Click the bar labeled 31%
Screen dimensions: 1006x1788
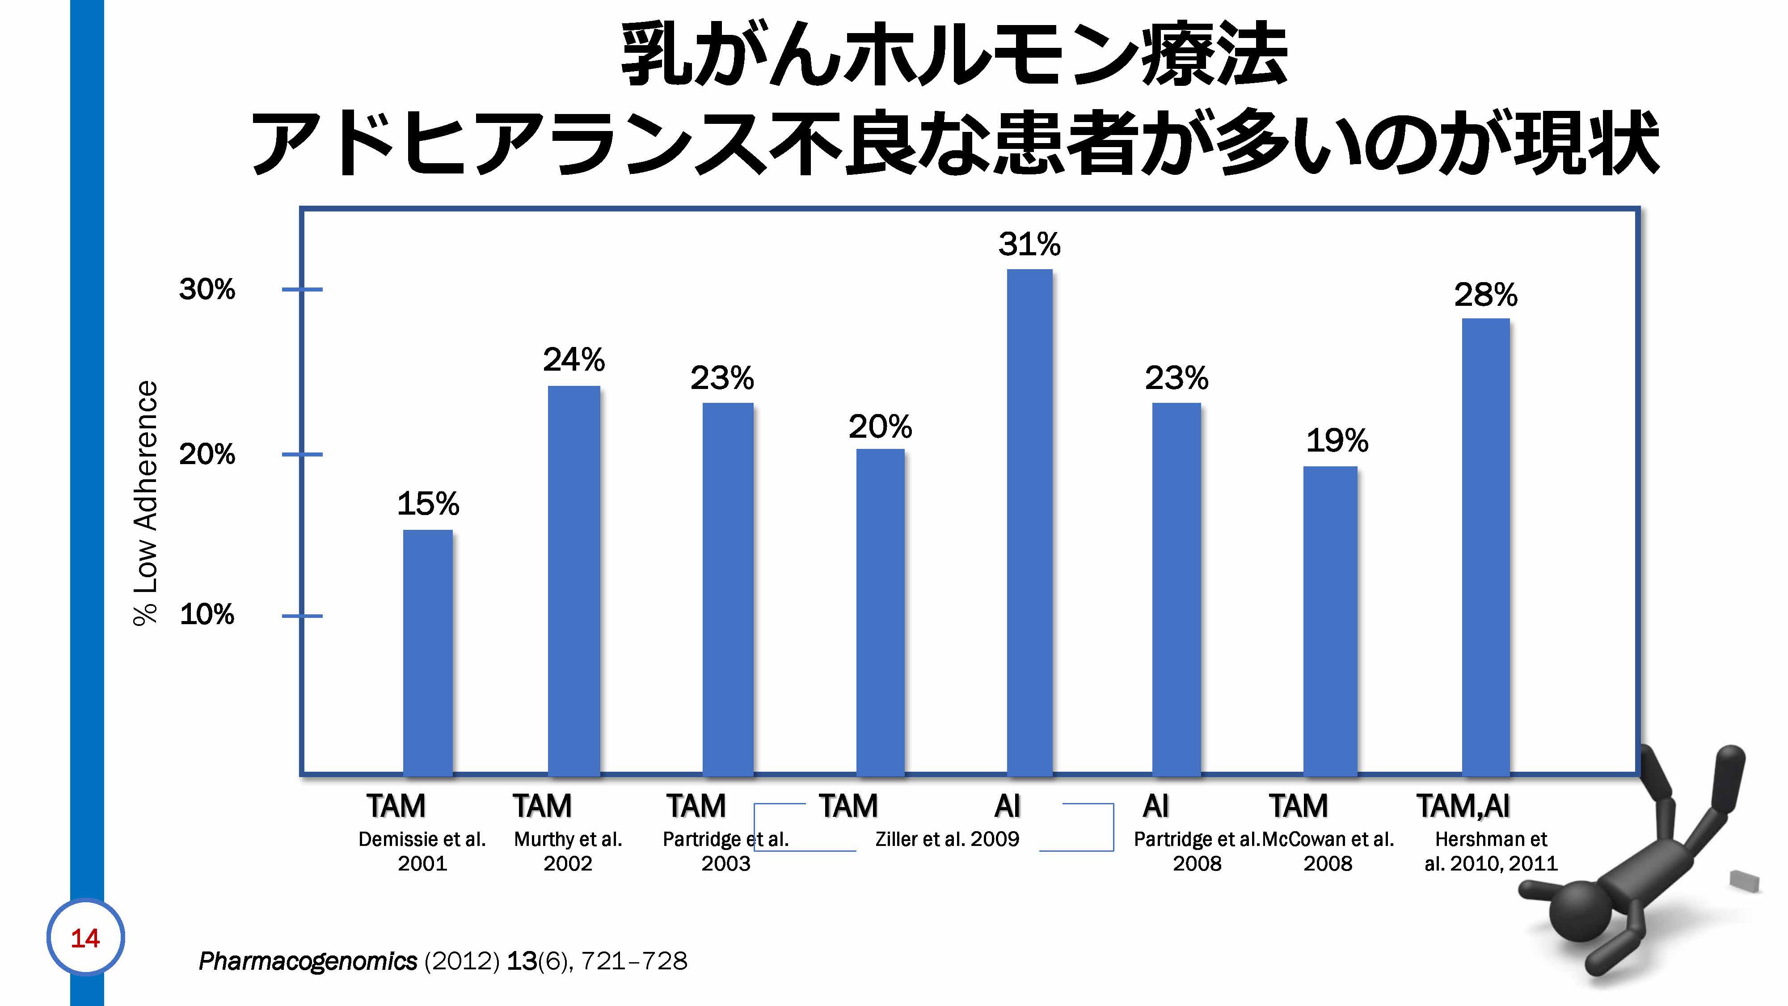coord(1029,521)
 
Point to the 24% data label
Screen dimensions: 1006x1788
coord(574,359)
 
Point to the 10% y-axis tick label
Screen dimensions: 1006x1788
coord(207,614)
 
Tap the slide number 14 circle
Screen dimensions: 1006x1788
coord(85,938)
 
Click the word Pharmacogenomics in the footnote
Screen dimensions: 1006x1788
coord(308,961)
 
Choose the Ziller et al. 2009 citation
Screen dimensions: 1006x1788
coord(947,839)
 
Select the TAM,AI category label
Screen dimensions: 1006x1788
coord(1463,806)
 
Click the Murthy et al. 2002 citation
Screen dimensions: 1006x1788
coord(568,851)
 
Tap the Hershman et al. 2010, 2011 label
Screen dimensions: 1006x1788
coord(1491,851)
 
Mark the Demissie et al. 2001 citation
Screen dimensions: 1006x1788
coord(422,851)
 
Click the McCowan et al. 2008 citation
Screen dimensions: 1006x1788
coord(1328,851)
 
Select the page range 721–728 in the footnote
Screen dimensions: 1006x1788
coord(634,961)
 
